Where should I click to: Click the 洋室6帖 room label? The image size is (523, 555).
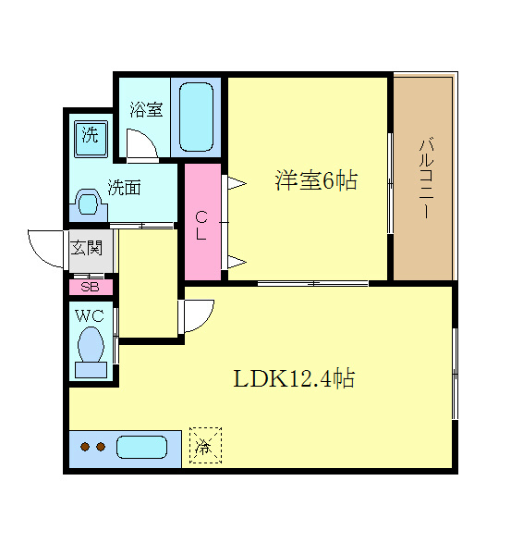[315, 180]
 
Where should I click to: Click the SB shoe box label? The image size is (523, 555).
[91, 287]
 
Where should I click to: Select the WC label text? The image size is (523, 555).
[89, 315]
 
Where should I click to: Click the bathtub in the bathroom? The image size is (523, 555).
[196, 117]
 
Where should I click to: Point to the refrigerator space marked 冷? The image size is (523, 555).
[205, 446]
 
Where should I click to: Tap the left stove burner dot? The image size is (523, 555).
[84, 448]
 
